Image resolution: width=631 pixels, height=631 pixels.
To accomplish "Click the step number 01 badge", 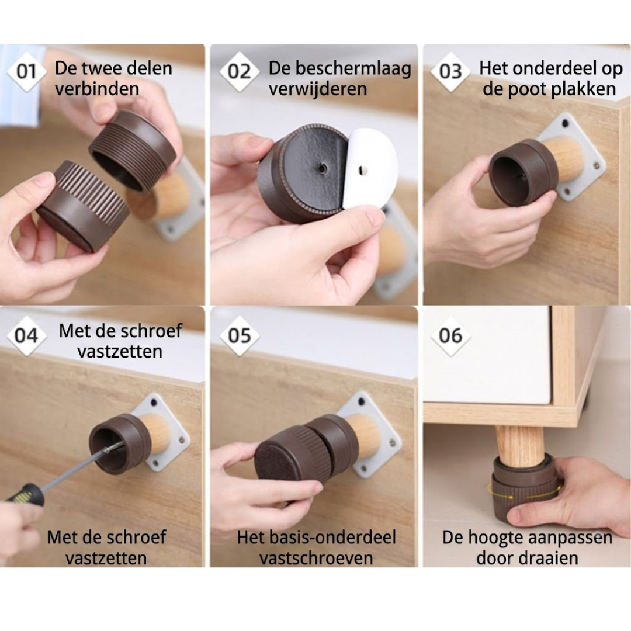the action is point(26,72).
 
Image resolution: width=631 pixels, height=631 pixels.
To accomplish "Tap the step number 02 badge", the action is point(240,72).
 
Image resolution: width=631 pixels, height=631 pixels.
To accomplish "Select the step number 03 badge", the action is point(450,72).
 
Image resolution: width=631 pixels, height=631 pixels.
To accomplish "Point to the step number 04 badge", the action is point(26,335).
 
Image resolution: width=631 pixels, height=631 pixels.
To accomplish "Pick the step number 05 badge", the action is point(240,335).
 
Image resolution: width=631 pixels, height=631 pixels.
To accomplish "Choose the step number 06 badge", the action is point(450,335).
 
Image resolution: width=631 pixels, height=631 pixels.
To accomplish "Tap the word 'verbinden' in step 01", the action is point(97,89).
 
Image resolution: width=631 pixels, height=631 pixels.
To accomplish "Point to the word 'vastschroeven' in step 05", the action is point(316,558).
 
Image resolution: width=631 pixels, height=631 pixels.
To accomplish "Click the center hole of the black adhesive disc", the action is point(322,168).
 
